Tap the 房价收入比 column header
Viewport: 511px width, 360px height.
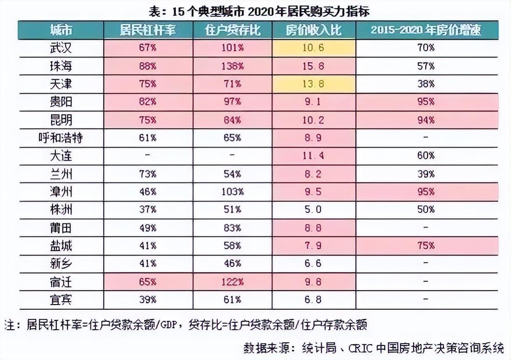[x=314, y=30]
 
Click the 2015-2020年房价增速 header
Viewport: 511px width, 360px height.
[x=426, y=30]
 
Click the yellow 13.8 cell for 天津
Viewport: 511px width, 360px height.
[x=314, y=84]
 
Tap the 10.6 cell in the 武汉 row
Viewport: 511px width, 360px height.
[x=314, y=48]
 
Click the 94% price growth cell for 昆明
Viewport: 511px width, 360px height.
[x=426, y=120]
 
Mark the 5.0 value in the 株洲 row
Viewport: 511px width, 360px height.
[x=314, y=209]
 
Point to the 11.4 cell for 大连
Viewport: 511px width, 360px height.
[x=314, y=156]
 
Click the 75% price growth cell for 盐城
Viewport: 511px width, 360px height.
[x=426, y=245]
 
